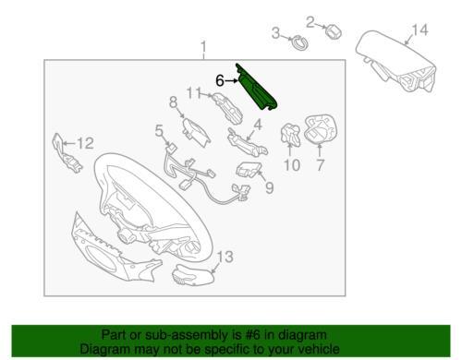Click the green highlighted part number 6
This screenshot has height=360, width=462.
pyautogui.click(x=256, y=89)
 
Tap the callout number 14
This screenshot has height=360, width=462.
pyautogui.click(x=419, y=30)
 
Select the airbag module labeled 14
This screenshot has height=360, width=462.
pyautogui.click(x=397, y=61)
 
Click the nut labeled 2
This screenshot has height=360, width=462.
pyautogui.click(x=334, y=31)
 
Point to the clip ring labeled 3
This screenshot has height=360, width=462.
pyautogui.click(x=299, y=42)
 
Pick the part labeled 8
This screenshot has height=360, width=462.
pyautogui.click(x=196, y=132)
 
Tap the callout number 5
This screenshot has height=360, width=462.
pyautogui.click(x=159, y=131)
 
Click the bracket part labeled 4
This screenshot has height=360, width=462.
pyautogui.click(x=247, y=142)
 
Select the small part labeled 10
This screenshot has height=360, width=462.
pyautogui.click(x=290, y=135)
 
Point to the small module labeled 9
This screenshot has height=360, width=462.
pyautogui.click(x=249, y=170)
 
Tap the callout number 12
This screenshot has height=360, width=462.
pyautogui.click(x=85, y=143)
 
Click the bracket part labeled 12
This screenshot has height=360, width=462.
pyautogui.click(x=67, y=153)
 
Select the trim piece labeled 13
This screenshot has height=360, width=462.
pyautogui.click(x=193, y=275)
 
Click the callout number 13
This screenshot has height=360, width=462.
pyautogui.click(x=225, y=257)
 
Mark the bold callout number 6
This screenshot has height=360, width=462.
pyautogui.click(x=220, y=81)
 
